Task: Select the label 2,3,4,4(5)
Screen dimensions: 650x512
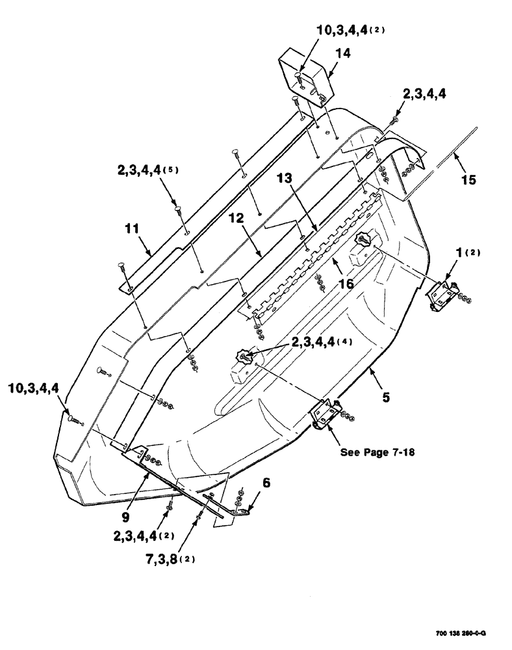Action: point(147,170)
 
